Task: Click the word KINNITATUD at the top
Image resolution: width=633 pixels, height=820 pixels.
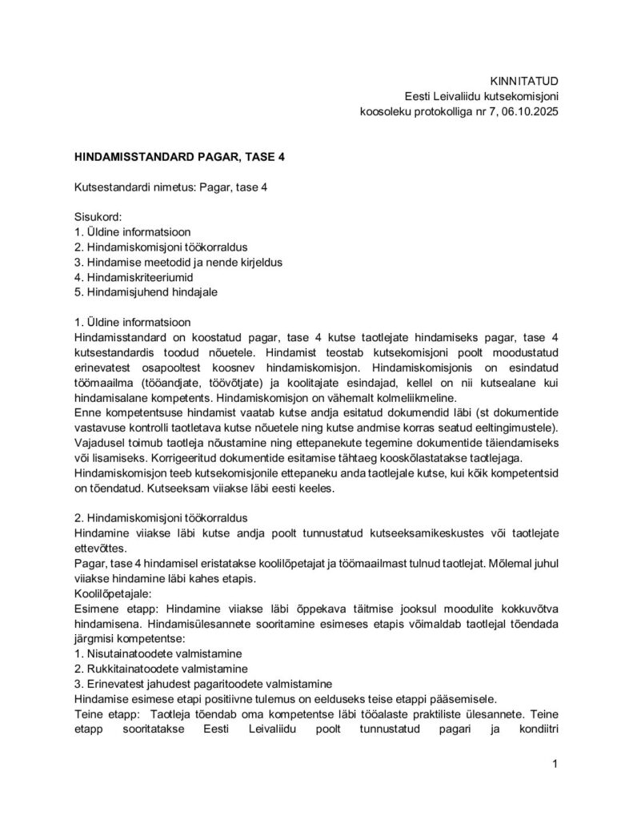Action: (523, 81)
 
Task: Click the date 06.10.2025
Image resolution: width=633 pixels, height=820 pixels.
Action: (526, 113)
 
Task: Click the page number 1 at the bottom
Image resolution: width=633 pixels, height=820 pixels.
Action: (555, 765)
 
